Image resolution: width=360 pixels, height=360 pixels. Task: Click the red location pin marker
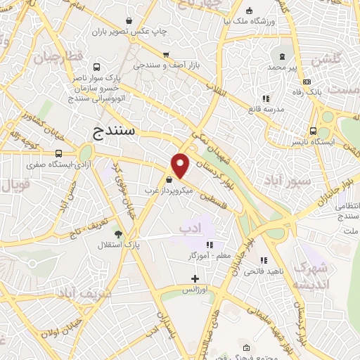tap(181, 165)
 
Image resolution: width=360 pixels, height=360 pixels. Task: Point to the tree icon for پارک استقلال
tap(117, 233)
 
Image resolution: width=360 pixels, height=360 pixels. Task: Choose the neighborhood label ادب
tap(189, 229)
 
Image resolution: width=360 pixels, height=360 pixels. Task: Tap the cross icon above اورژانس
tap(195, 278)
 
